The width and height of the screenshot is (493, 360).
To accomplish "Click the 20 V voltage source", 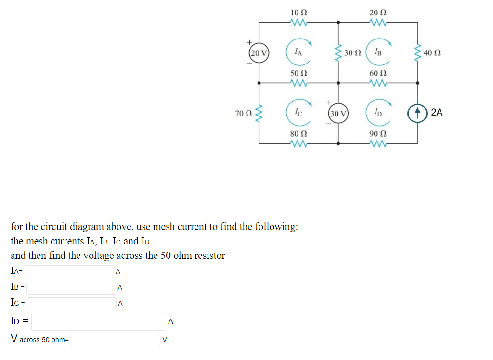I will coord(259,52).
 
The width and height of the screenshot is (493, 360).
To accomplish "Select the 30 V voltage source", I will coord(338,114).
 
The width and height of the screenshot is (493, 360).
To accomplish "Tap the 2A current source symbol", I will coord(417,113).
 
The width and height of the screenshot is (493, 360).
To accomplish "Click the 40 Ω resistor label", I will coord(432,52).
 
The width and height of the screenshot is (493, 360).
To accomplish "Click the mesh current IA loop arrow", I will coord(298,51).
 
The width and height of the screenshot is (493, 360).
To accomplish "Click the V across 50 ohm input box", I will coord(116,340).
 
